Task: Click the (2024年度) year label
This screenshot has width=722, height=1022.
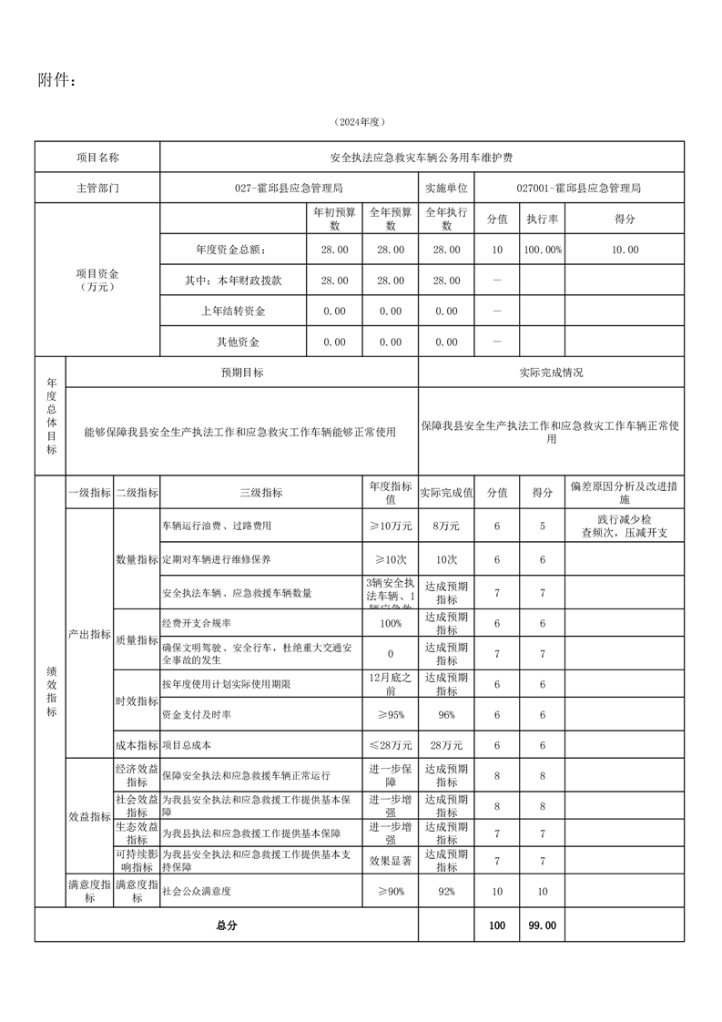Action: [361, 122]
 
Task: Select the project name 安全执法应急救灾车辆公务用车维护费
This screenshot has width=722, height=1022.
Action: [421, 158]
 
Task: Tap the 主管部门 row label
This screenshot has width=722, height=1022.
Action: [97, 188]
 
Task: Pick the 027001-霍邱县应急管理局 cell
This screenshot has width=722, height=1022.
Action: [578, 188]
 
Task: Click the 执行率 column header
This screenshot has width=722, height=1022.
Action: [543, 220]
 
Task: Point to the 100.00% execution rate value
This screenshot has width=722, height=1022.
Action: [543, 250]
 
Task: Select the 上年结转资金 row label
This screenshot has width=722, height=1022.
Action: [233, 312]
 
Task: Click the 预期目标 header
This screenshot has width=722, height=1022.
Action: [242, 373]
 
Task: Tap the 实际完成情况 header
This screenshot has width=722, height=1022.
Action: [551, 373]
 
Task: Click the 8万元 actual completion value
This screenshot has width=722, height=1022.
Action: [446, 526]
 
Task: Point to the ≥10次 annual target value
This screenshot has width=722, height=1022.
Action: [391, 558]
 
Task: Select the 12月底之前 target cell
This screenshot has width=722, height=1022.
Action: [391, 684]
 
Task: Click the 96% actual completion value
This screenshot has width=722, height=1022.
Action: [446, 715]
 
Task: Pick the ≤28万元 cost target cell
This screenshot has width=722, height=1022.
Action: [391, 745]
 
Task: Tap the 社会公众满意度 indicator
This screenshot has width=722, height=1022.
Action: [196, 893]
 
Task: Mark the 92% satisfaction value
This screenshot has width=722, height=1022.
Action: [446, 893]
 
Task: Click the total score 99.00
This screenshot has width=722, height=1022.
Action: [543, 925]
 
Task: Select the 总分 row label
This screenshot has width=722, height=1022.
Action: [226, 925]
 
